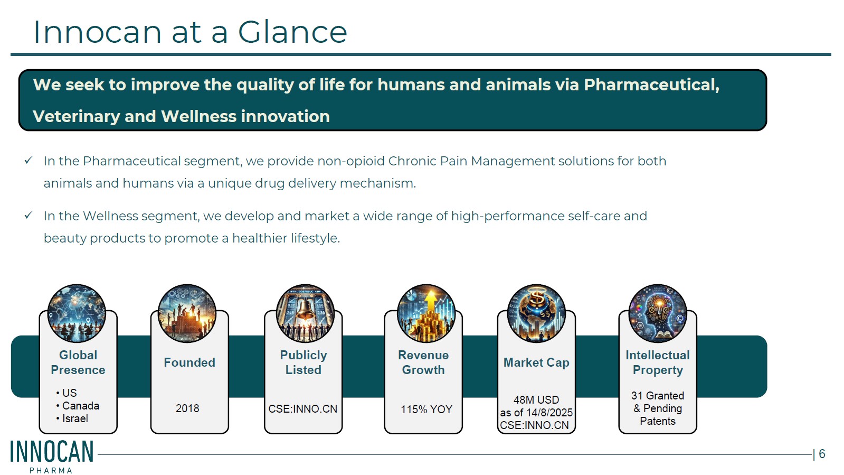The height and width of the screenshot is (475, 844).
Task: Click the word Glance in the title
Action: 292,32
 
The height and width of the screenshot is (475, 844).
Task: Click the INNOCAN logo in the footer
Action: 52,456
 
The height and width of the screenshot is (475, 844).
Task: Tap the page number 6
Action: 822,453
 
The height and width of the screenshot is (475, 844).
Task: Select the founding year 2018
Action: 187,408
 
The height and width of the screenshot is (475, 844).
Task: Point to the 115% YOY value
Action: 426,409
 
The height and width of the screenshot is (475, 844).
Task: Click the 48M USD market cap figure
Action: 536,400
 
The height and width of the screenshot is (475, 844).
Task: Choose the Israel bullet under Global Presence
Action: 72,418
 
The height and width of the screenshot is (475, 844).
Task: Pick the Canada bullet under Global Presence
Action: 78,406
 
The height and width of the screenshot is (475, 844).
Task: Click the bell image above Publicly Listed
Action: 305,313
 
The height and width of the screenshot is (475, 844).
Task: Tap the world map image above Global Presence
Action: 77,313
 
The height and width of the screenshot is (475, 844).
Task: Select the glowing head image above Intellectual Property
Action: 658,313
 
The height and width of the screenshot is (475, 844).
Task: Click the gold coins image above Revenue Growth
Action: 426,313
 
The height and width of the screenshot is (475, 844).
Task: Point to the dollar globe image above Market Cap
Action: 537,313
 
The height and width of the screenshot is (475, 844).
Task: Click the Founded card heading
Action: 189,362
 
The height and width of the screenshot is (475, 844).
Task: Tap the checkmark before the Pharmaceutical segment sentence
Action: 29,161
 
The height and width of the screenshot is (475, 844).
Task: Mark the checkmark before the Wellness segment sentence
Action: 29,216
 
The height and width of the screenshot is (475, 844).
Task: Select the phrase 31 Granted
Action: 658,395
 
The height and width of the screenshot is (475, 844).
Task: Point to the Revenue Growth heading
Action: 423,362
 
